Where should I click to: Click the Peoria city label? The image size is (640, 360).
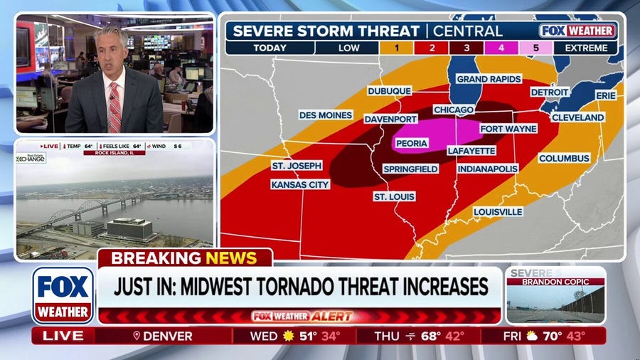tap(412, 144)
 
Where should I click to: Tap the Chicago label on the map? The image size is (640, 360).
tap(453, 110)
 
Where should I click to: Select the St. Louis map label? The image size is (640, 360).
tap(395, 196)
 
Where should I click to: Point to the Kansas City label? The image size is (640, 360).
tap(300, 184)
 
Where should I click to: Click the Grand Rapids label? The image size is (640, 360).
tap(489, 79)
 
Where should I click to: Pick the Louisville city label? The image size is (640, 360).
tap(498, 212)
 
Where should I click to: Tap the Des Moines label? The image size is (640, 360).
tap(325, 115)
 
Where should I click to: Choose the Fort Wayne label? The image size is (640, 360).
tap(508, 129)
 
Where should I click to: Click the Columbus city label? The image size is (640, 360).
tap(564, 158)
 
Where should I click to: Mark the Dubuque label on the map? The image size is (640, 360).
tap(389, 91)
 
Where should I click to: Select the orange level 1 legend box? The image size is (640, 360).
tap(400, 48)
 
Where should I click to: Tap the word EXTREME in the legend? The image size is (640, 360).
tap(587, 48)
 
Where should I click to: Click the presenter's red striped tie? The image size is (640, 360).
tap(114, 107)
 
